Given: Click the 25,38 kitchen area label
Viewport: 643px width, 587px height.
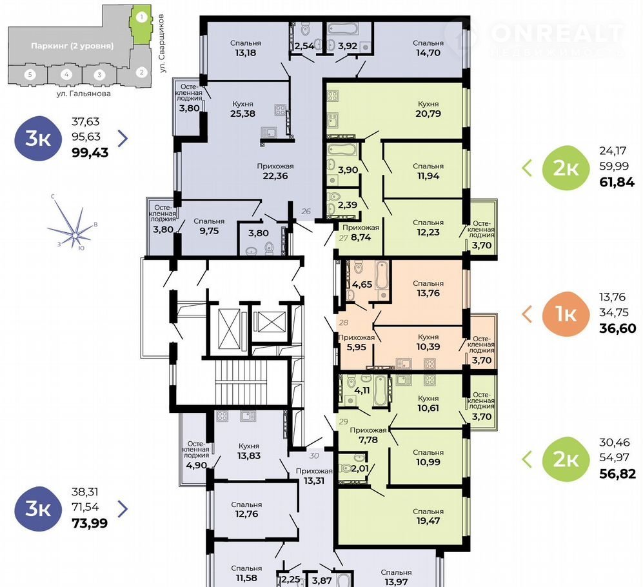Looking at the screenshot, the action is tap(242, 114).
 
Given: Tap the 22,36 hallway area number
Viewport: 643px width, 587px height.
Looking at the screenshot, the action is tap(275, 176).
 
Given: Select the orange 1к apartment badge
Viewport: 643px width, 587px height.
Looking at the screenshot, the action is tap(566, 314).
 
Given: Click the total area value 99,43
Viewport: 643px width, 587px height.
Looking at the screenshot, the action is tap(90, 153).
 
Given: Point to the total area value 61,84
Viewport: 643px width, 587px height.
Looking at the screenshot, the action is tap(617, 182).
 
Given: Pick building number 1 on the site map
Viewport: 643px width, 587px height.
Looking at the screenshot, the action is tap(141, 17).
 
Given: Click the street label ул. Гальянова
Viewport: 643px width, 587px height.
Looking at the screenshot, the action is tap(84, 94).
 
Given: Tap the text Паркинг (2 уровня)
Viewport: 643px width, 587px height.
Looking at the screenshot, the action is tap(72, 46).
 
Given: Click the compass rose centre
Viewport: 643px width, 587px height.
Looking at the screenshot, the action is tap(75, 235).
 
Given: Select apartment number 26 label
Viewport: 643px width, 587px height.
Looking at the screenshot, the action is tap(306, 212).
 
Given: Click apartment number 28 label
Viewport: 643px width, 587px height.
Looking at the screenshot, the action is tap(344, 323).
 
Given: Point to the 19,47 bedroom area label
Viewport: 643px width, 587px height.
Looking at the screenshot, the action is tap(428, 521).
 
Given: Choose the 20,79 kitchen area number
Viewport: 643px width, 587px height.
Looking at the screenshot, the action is tap(428, 114).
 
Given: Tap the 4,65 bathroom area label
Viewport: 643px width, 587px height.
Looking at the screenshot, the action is tap(362, 284).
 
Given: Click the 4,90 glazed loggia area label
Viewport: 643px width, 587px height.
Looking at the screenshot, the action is tap(197, 466).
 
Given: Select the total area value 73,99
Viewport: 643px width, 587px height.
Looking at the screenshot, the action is tap(90, 523).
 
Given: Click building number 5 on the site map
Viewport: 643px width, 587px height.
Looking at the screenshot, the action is tap(30, 75).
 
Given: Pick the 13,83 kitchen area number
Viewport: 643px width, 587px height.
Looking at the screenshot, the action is tap(249, 456).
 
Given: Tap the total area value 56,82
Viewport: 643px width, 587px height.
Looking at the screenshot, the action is tap(618, 473).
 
